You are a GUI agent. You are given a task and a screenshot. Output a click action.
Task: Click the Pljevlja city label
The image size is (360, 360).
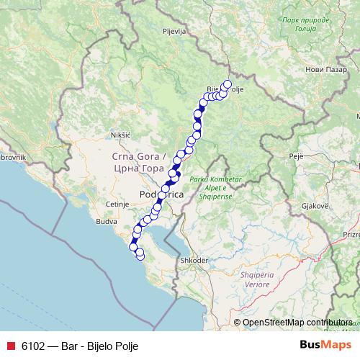coord(175,32)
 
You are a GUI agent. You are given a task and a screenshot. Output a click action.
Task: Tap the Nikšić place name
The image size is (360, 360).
coord(120,135)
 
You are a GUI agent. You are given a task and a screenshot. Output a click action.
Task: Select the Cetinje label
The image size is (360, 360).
coord(116,204)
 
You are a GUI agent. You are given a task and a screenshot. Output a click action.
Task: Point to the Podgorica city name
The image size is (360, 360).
coord(161,195)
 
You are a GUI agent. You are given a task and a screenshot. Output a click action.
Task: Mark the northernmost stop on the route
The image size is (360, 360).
coord(228,84)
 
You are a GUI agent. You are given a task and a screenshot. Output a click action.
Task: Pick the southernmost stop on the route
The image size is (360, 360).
coord(140,255)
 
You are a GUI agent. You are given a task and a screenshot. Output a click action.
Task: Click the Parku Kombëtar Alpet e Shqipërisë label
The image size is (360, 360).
coord(208,188)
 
